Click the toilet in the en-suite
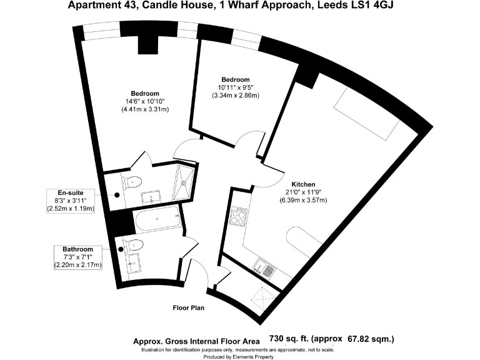[x=132, y=182]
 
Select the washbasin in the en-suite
[x=152, y=199]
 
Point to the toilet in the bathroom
[x=135, y=244]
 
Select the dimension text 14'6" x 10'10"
[x=145, y=101]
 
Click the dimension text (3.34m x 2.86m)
[x=234, y=96]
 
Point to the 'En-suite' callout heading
[x=70, y=192]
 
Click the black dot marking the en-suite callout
[x=117, y=194]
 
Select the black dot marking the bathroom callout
[x=120, y=249]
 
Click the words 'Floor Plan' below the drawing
[x=188, y=307]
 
